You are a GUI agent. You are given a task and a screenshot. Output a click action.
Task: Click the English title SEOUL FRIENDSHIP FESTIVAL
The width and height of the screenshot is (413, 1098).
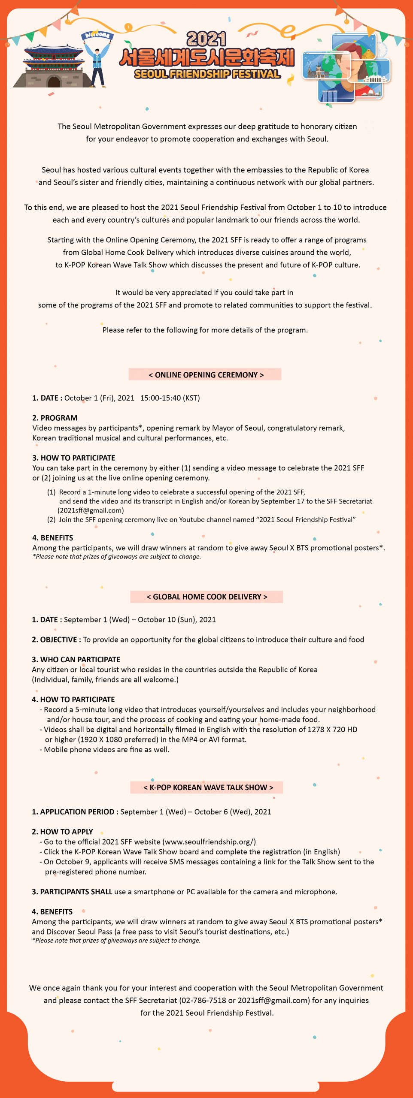(x=207, y=74)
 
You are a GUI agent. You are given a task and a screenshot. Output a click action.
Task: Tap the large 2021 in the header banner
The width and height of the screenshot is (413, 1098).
(x=206, y=39)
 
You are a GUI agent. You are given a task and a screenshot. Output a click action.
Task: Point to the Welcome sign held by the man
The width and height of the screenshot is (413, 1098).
(x=97, y=35)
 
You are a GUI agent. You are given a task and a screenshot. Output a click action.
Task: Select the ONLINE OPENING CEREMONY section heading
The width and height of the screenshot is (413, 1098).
(x=206, y=374)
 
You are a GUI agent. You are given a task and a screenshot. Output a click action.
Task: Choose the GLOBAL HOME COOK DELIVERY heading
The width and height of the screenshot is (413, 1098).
(x=206, y=597)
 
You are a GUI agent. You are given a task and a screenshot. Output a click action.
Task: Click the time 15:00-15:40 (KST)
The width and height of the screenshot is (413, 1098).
(x=170, y=398)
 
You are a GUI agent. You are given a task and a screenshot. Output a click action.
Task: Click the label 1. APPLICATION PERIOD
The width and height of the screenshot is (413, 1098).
(x=73, y=811)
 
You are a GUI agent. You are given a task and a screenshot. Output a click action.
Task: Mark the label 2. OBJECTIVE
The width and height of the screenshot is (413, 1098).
(x=56, y=639)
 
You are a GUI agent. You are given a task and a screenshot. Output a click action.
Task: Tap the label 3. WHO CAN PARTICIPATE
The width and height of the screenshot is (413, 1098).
(x=76, y=659)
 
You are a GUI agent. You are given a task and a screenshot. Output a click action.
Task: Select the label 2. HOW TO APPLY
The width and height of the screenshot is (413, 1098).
(x=62, y=831)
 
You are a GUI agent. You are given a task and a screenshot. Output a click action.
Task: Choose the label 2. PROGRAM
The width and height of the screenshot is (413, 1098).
(x=55, y=418)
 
